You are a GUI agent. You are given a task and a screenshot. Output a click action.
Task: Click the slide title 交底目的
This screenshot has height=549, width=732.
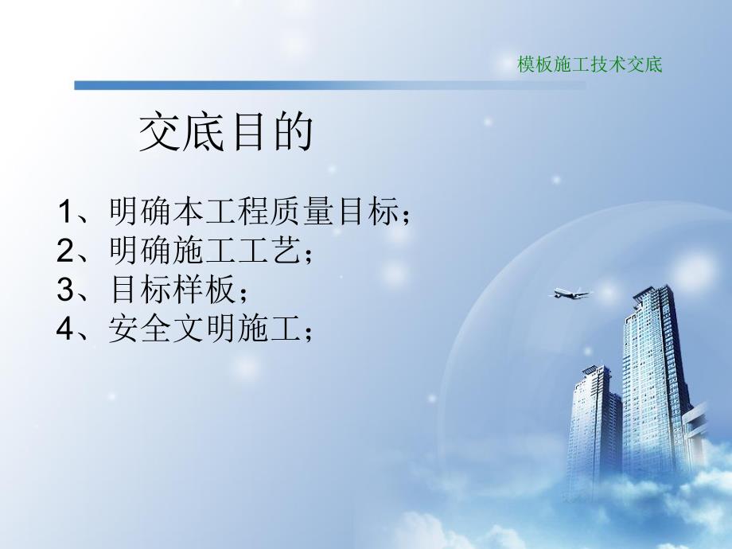[x=227, y=133]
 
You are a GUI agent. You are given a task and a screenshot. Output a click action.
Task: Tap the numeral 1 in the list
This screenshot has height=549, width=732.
[x=65, y=214]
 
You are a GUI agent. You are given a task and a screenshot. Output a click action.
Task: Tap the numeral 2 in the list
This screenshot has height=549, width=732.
[x=65, y=252]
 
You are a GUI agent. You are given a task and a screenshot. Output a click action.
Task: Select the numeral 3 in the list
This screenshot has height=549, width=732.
[x=65, y=290]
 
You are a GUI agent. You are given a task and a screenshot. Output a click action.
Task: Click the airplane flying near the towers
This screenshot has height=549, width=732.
[x=572, y=294]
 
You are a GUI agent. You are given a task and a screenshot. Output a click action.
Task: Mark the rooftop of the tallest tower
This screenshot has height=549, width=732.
[x=646, y=295]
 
